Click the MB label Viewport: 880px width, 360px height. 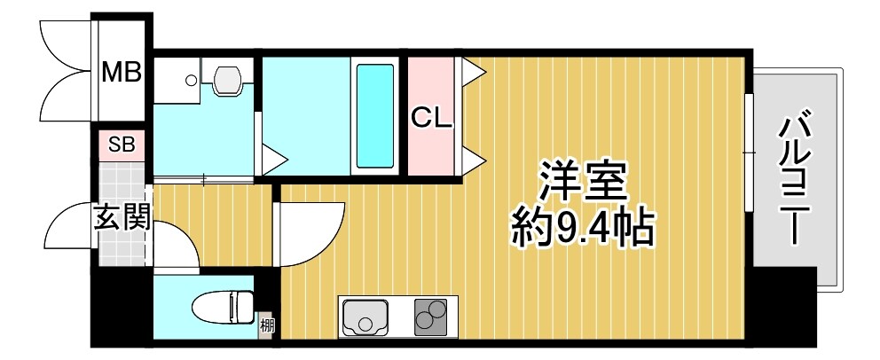tap(121, 72)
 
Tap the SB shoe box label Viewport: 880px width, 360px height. tap(121, 145)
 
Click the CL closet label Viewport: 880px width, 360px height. tap(431, 117)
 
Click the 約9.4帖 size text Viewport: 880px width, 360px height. tap(583, 230)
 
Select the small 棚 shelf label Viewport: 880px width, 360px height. tap(267, 325)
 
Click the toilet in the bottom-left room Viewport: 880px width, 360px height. tap(222, 307)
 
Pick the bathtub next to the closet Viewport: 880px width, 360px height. tap(373, 114)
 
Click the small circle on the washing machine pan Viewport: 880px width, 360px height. tap(191, 80)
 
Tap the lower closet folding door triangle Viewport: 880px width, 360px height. tap(470, 160)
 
